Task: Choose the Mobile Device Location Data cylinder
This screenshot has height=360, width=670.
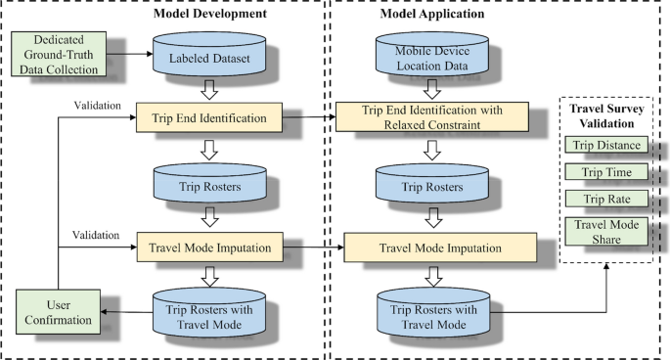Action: pyautogui.click(x=432, y=57)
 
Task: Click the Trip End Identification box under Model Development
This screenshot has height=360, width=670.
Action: pyautogui.click(x=210, y=118)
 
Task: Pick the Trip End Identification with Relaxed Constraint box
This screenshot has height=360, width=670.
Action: pyautogui.click(x=431, y=118)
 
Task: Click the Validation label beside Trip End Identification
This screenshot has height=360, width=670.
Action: pyautogui.click(x=97, y=106)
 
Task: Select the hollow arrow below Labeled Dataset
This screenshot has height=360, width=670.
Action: pyautogui.click(x=210, y=88)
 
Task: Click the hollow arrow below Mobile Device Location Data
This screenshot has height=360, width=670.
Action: pyautogui.click(x=432, y=89)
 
